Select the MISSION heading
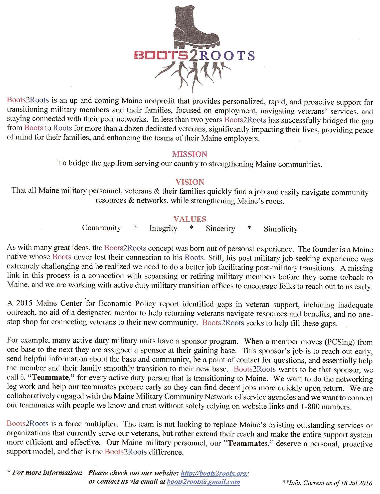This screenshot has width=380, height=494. pos(190,154)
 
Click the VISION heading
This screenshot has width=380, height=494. pos(190,182)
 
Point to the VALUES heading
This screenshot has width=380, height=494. pos(190,219)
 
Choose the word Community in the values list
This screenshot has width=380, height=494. pos(101,228)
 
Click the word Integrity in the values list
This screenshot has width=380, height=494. pos(163,228)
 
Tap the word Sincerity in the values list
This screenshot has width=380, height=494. pos(220,229)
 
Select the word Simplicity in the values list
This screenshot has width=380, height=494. pos(280,229)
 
